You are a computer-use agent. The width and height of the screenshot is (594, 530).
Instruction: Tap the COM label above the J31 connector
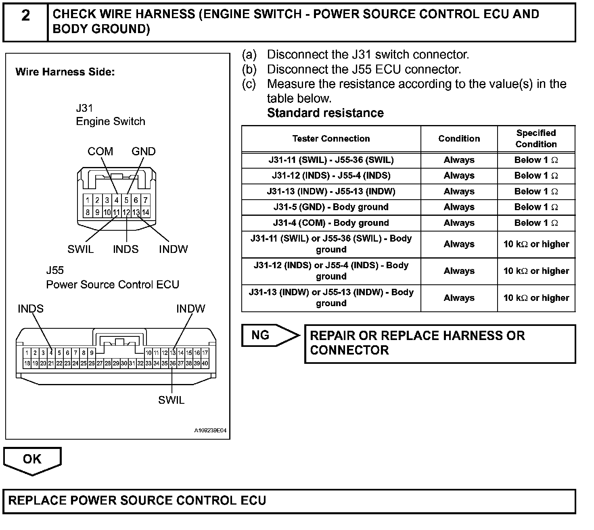(x=100, y=152)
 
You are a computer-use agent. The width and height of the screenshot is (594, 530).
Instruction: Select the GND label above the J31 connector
(x=143, y=152)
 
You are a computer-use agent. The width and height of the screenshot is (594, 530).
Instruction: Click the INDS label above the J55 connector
(x=31, y=309)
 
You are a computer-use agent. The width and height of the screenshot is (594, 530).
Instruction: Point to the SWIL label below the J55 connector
(x=171, y=400)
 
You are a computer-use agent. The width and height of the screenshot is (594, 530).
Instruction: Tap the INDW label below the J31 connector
(x=173, y=249)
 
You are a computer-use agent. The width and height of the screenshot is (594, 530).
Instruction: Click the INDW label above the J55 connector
(x=190, y=309)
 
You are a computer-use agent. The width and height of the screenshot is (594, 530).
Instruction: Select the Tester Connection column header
(x=331, y=139)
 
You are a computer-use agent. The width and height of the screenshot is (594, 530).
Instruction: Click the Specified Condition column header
(x=536, y=139)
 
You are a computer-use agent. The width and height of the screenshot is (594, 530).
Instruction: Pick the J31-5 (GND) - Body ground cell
(x=331, y=207)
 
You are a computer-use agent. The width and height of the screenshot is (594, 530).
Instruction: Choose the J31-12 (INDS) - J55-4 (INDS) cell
(x=331, y=176)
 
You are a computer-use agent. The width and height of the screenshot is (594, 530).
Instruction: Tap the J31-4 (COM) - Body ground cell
(x=331, y=223)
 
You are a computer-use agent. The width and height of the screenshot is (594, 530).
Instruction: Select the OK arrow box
(x=32, y=459)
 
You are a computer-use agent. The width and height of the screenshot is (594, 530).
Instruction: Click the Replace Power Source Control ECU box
(x=289, y=501)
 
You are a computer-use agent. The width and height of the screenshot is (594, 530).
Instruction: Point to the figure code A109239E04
(x=210, y=431)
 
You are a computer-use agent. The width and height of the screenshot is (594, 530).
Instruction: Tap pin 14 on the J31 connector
(x=145, y=212)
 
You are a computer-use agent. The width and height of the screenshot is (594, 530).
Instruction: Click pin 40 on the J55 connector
(x=205, y=363)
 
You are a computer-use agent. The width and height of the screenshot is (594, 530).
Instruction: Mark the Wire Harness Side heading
(x=65, y=72)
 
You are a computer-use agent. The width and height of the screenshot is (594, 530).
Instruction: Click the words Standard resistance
(x=325, y=113)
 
